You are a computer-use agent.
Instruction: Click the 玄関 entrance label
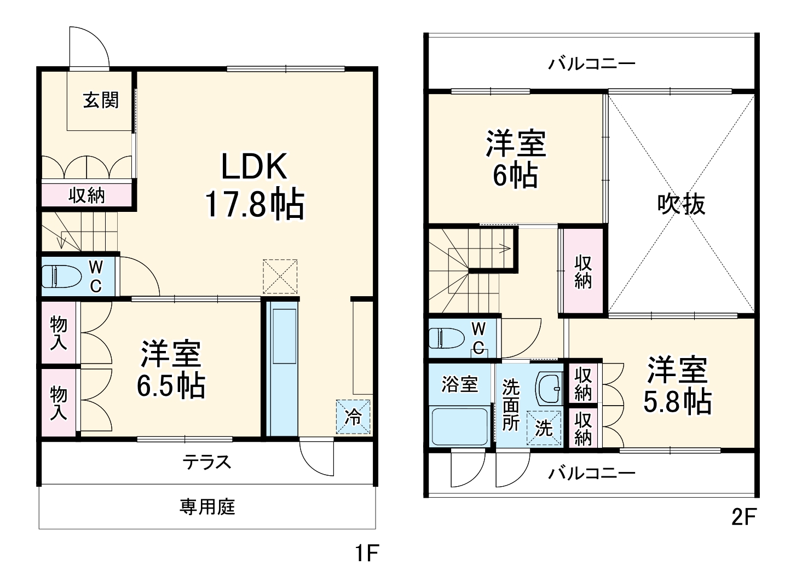(x=101, y=100)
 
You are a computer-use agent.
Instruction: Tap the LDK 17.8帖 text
(x=254, y=186)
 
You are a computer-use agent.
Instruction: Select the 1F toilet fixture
(x=60, y=276)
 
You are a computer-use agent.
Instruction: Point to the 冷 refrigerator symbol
(x=353, y=417)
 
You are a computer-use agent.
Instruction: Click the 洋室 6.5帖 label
(x=171, y=370)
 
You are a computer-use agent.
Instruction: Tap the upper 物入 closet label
(x=59, y=333)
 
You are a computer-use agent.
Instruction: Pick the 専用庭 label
(x=207, y=507)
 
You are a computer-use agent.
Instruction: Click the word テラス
(x=207, y=462)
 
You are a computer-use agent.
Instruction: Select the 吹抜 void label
(x=681, y=204)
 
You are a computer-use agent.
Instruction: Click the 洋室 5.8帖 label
(x=677, y=385)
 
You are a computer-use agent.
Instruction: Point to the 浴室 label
(x=460, y=384)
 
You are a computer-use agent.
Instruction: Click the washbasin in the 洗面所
(x=548, y=388)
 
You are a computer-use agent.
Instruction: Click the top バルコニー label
(x=592, y=64)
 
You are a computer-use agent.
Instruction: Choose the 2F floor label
(x=743, y=517)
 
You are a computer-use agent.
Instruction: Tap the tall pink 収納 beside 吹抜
(x=582, y=271)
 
